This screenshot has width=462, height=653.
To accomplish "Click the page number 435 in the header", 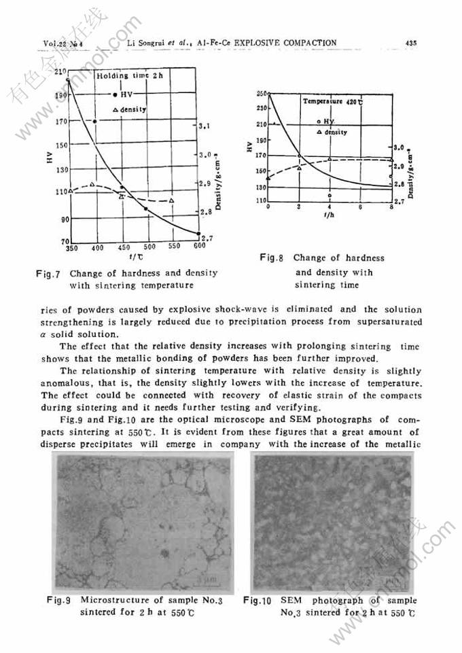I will click(x=410, y=42).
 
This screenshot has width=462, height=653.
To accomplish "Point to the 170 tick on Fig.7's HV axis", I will click(x=62, y=121).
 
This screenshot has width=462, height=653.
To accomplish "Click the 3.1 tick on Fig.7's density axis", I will click(x=205, y=126).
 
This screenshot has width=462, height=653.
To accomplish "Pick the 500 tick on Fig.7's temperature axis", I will click(x=150, y=247).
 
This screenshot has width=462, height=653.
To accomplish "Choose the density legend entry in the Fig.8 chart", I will click(x=332, y=133).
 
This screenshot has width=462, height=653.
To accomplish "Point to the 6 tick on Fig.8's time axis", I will click(x=360, y=207).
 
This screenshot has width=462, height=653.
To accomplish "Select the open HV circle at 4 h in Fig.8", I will click(x=330, y=194).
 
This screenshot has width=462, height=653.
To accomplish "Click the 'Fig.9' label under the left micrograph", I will click(x=59, y=600).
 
